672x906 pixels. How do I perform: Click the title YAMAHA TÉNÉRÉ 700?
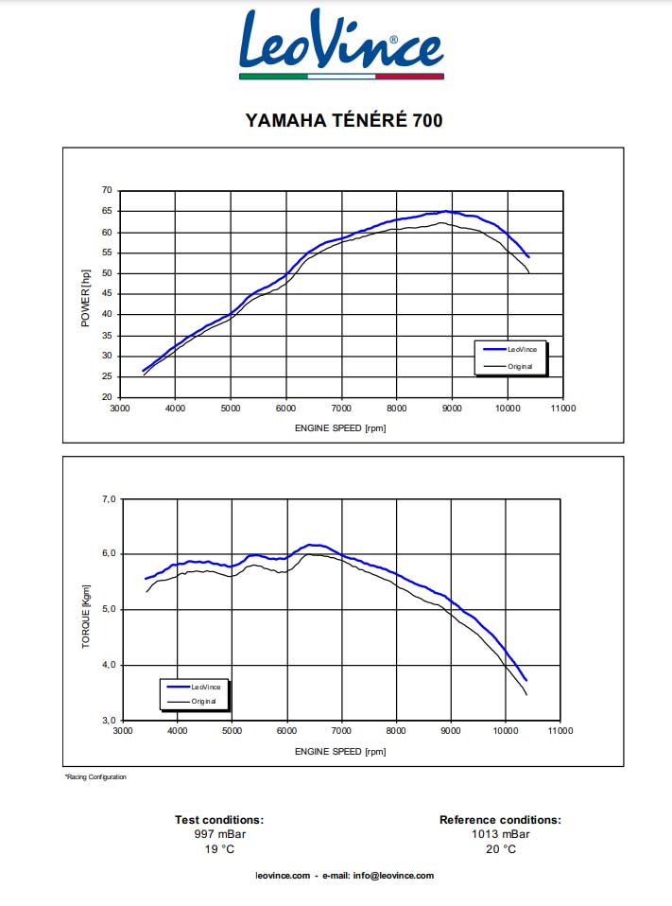(343, 120)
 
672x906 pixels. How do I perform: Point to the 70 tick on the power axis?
(107, 191)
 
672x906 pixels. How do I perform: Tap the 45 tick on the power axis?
(107, 294)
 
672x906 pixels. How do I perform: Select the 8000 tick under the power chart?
(396, 409)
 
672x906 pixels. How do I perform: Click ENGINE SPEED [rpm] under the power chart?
(340, 428)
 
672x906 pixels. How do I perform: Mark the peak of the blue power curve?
(447, 212)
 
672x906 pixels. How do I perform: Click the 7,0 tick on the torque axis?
(109, 498)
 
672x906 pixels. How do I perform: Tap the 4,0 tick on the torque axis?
(109, 665)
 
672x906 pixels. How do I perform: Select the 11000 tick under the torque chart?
(560, 731)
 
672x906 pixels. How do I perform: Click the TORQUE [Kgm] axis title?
(86, 616)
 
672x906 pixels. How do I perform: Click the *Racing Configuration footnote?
(95, 777)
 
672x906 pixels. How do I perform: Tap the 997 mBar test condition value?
(219, 834)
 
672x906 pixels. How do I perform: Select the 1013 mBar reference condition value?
(500, 834)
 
